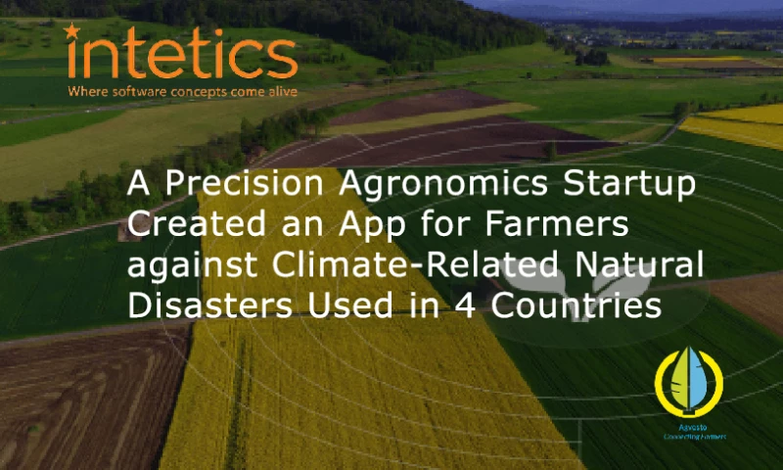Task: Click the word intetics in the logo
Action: tap(180, 56)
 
